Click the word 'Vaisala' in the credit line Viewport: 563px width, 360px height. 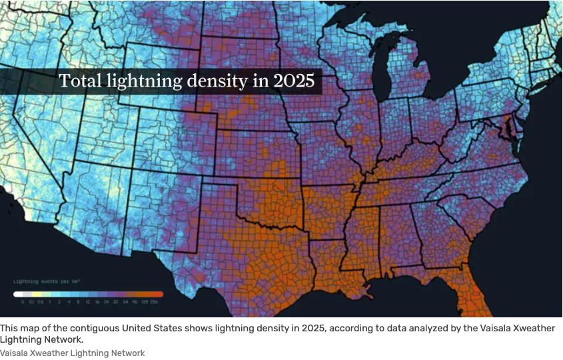click(13, 353)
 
